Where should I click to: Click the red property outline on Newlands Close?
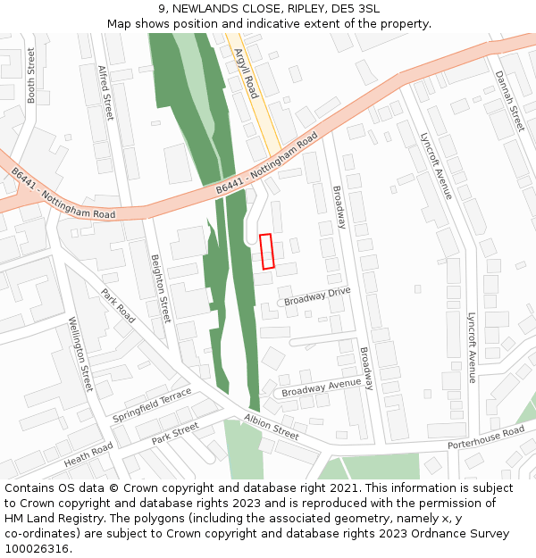(x=266, y=251)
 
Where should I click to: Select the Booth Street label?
(x=31, y=76)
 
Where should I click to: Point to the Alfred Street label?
(x=106, y=93)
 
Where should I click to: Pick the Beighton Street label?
(x=160, y=287)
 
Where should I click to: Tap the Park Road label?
(x=118, y=305)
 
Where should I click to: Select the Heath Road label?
(x=88, y=454)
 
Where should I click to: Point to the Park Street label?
(x=174, y=434)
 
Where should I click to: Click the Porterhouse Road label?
(x=486, y=437)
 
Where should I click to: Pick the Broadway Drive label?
(x=317, y=296)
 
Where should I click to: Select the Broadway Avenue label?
(x=321, y=388)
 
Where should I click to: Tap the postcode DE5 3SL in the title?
(x=356, y=9)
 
